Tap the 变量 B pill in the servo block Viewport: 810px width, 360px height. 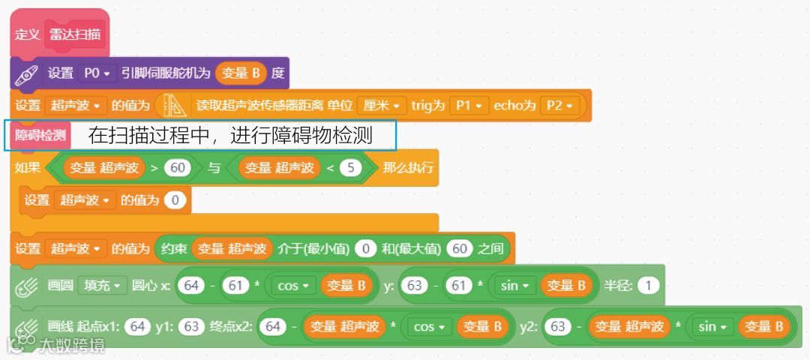(x=241, y=73)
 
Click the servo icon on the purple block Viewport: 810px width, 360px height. (x=27, y=73)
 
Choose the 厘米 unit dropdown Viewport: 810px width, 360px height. (x=380, y=106)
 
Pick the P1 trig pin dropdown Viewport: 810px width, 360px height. (x=470, y=106)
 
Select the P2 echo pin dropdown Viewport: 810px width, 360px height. (x=559, y=106)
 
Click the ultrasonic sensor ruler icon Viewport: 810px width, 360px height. (x=174, y=106)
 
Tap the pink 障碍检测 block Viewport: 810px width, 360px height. (x=40, y=135)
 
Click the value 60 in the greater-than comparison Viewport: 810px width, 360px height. (x=178, y=168)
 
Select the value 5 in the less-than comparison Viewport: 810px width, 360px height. (x=350, y=168)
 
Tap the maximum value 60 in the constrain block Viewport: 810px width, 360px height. (x=460, y=248)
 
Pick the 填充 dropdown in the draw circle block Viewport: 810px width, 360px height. (x=102, y=285)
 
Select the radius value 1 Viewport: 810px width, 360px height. (x=649, y=285)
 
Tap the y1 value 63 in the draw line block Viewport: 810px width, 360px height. (x=191, y=326)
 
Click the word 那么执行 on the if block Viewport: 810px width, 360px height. (x=408, y=168)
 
